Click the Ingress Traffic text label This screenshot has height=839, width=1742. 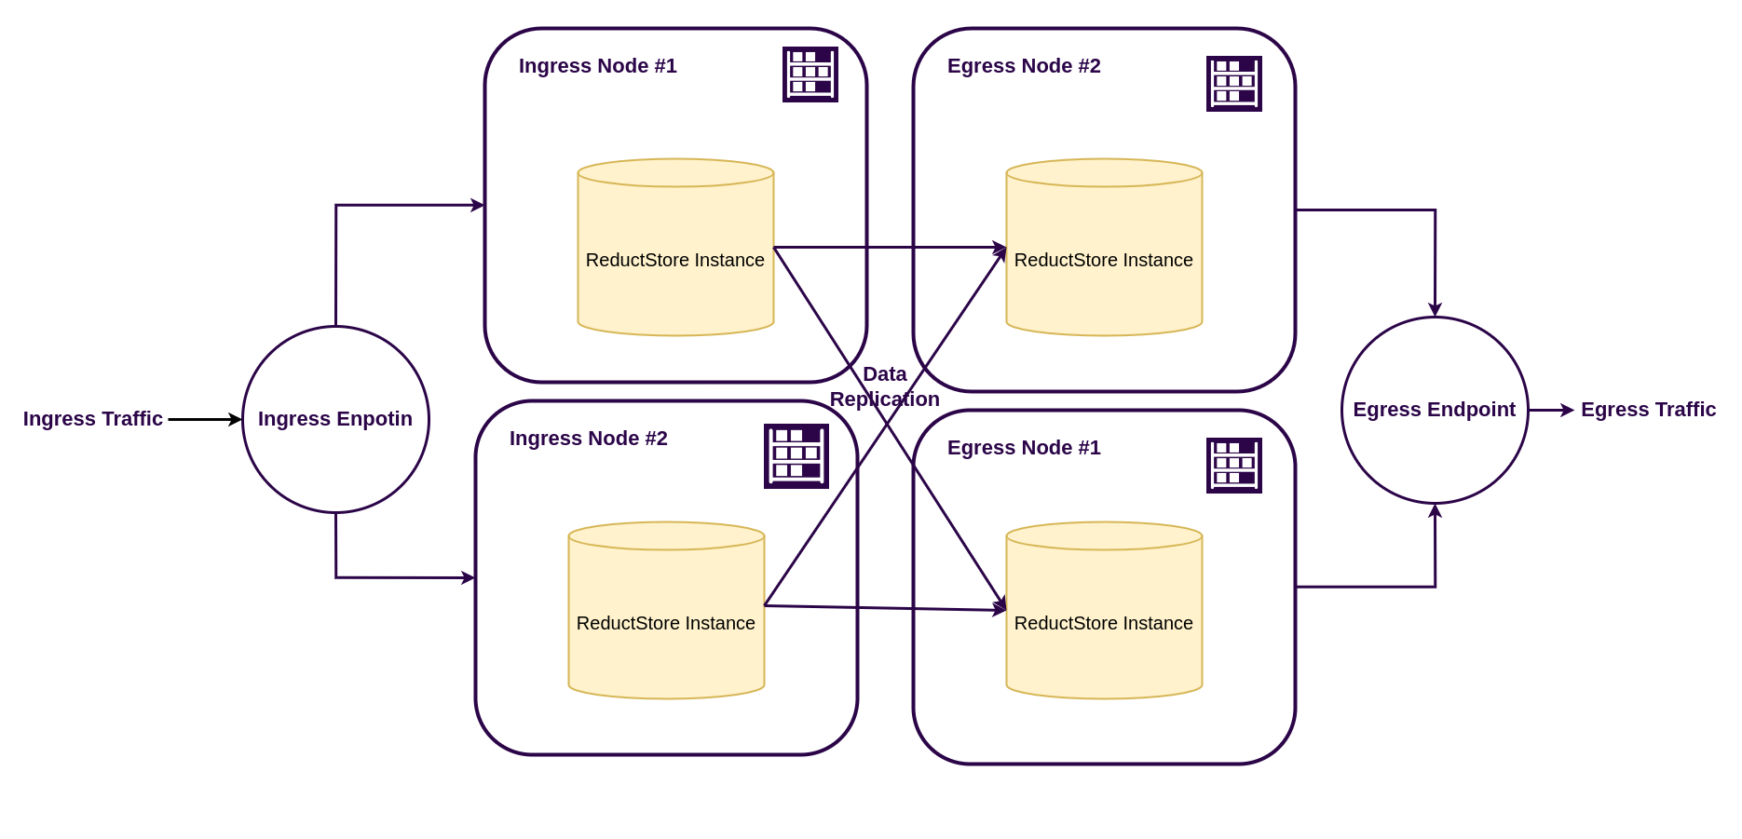point(93,419)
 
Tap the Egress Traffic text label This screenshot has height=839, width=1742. point(1647,410)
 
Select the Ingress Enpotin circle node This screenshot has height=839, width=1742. point(335,419)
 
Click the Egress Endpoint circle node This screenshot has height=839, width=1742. point(1434,410)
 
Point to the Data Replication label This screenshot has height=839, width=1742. point(884,386)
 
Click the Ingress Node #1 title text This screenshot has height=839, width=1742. point(597,66)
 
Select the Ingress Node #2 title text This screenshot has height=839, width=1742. point(588,439)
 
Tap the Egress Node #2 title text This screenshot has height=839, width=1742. point(1023,66)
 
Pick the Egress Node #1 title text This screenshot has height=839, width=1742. point(1023,448)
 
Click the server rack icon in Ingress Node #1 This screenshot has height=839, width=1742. point(810,74)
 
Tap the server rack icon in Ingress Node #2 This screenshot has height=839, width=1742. point(796,456)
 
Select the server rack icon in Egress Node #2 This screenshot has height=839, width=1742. point(1233,84)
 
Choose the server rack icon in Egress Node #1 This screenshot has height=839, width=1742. point(1233,466)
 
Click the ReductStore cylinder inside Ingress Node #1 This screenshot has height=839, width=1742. point(675,279)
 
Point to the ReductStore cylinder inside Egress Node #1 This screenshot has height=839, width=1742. point(1104,652)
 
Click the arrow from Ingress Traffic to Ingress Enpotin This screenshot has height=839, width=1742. point(203,419)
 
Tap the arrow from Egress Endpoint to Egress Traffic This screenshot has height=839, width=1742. point(1551,410)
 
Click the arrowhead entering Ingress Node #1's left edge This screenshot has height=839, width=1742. point(478,205)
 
